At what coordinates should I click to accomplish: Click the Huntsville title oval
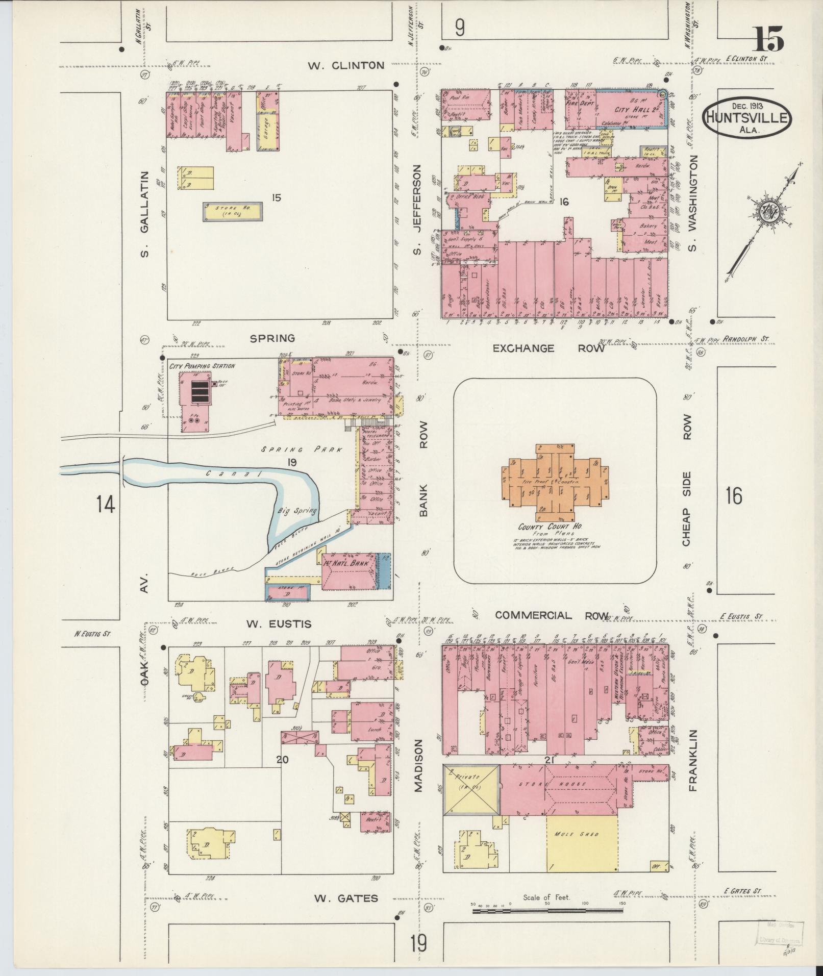point(747,118)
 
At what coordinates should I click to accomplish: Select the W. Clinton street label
point(346,65)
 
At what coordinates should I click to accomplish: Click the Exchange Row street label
point(548,348)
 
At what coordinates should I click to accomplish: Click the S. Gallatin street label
point(144,214)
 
